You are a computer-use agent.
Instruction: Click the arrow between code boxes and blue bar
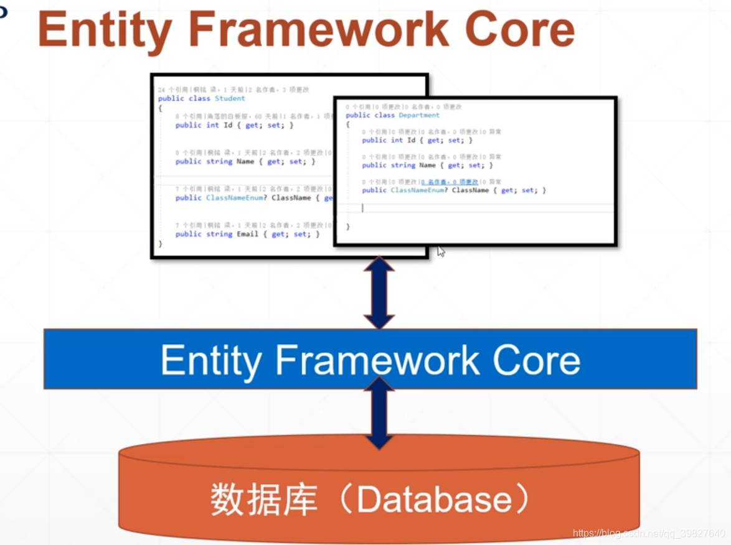[x=379, y=292]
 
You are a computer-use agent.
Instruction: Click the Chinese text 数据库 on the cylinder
[x=264, y=499]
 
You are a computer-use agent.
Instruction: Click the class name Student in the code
[x=230, y=98]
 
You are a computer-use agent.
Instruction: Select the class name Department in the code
[x=419, y=115]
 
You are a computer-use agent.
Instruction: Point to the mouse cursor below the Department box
[x=440, y=251]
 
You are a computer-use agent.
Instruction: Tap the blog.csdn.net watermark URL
[x=648, y=534]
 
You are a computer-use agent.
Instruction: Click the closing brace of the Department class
[x=347, y=226]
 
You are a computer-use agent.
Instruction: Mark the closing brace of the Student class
[x=160, y=244]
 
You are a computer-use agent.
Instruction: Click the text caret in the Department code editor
[x=362, y=208]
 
